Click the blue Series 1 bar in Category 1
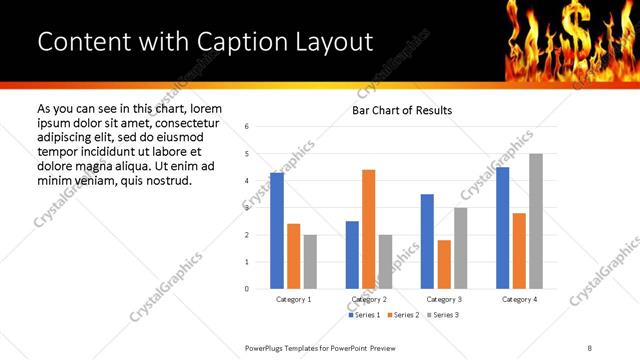(277, 231)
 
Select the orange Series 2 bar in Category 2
(368, 229)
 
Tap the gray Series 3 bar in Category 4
(536, 221)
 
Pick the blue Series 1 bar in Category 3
(427, 241)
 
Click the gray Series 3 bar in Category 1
(310, 261)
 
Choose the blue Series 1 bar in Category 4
(502, 228)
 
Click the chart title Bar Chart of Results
(402, 110)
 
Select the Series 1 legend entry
(364, 315)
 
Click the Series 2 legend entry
(403, 315)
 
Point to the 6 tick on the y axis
(246, 127)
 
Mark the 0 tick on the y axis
(246, 289)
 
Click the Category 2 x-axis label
(369, 299)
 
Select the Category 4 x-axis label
(519, 299)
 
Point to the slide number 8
(589, 347)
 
